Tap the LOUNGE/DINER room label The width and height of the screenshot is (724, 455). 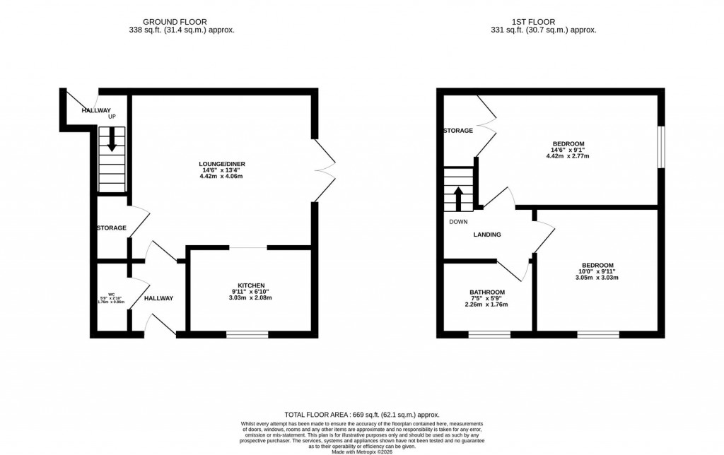coord(221,164)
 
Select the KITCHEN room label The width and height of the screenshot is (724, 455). coord(250,285)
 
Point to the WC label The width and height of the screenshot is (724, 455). coord(111,294)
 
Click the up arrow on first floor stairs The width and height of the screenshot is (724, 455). coord(458,199)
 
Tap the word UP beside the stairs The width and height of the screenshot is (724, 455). coord(112,117)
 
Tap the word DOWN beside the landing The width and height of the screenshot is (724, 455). coord(458,221)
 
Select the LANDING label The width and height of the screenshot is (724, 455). coord(486,235)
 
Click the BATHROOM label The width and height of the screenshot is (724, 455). coord(487,292)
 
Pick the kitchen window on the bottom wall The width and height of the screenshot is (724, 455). coord(247,334)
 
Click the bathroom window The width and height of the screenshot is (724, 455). coord(489,334)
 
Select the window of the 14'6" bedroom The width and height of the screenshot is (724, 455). coord(661,148)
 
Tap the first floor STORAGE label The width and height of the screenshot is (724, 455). coord(457,131)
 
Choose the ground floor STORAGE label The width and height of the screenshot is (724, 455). coord(112,228)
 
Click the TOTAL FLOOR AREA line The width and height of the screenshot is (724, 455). coord(361,415)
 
